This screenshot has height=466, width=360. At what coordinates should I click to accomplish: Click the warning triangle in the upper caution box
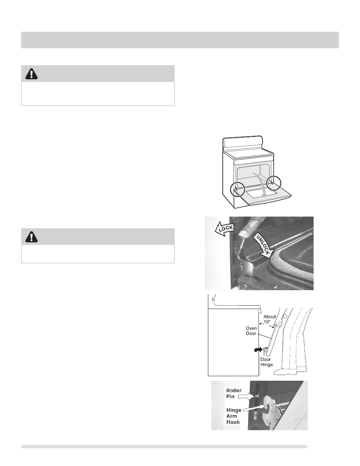coord(32,74)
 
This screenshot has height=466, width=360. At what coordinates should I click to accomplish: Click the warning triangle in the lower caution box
coord(32,237)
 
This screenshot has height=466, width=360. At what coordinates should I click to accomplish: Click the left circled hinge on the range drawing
coord(237,189)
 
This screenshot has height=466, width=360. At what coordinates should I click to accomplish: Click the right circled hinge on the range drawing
coord(274,183)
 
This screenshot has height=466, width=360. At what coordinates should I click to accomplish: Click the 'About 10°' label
coord(269,319)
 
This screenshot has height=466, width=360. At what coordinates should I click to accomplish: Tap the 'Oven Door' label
coord(251,331)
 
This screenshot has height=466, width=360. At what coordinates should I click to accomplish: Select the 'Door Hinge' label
coord(266,362)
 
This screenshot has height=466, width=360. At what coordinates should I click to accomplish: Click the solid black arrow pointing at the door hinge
coord(258,349)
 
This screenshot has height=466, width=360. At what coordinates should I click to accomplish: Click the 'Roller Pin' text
coord(234,393)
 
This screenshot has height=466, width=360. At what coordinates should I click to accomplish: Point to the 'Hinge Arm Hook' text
coord(234,416)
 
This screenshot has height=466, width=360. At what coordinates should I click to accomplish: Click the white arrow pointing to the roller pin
coord(246,397)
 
